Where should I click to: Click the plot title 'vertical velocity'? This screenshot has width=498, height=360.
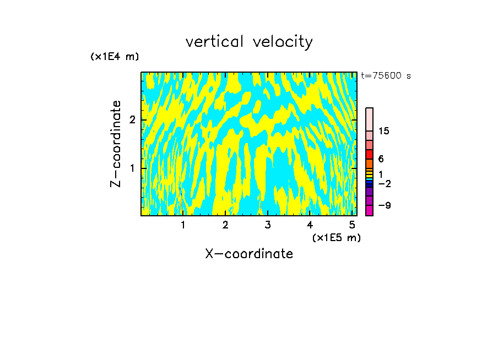point(249,42)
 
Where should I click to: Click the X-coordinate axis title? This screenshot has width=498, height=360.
point(249,254)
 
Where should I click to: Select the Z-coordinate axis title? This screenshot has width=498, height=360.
point(116,144)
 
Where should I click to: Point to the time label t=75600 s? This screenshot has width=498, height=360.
point(386,76)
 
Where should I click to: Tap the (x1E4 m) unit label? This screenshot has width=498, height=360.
point(115,57)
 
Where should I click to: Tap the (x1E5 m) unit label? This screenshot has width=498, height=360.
point(336,237)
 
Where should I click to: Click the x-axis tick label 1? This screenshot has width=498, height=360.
point(183,225)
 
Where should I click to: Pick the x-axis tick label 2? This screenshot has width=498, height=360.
point(225,225)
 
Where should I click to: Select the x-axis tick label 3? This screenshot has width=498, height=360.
point(268,225)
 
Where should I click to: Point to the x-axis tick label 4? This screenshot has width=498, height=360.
point(310,225)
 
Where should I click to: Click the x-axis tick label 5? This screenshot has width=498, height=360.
point(353,225)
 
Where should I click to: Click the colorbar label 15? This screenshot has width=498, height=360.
point(384,131)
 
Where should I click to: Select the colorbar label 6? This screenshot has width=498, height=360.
point(381,159)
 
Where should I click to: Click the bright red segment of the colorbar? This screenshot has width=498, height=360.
point(369,154)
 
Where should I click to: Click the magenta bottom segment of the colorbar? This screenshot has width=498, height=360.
point(369,210)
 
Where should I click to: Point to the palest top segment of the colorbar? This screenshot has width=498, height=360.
point(369,119)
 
